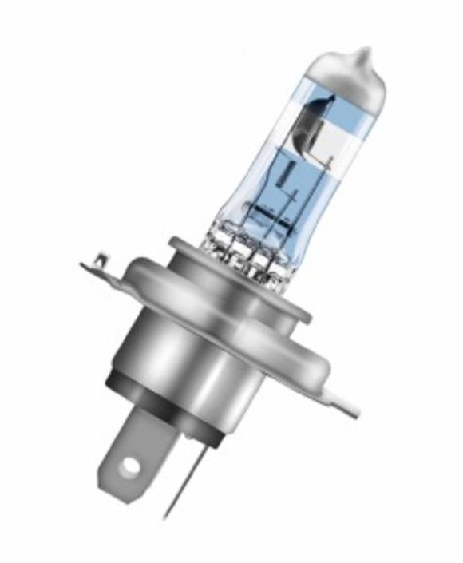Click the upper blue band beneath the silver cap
(335, 112)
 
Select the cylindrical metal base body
(192, 351)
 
